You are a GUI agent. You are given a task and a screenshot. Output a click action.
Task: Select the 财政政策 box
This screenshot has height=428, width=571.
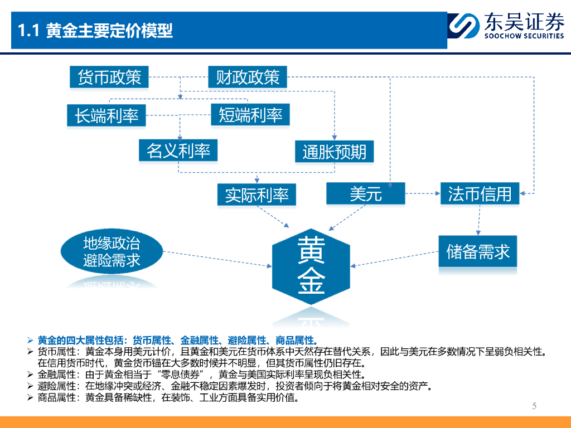coord(248,77)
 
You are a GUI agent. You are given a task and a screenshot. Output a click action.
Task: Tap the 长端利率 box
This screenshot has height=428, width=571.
coord(106,115)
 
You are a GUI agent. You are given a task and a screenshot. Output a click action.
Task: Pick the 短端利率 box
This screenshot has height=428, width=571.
coord(250,115)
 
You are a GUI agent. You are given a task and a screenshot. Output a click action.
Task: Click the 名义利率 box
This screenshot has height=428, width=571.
coord(178,150)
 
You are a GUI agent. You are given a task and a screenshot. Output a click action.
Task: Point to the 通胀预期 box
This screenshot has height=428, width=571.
coord(334,152)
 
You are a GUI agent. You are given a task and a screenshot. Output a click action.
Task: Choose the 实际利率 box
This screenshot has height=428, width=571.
coord(257,194)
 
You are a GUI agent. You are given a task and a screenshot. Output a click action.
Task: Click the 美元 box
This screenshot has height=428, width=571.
coord(365,193)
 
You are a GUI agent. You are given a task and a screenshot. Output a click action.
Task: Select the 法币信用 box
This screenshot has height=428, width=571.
coord(480,193)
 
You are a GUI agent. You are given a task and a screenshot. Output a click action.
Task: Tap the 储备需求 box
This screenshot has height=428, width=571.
coord(478,251)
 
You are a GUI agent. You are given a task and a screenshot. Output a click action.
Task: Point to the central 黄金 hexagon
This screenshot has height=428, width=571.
coord(311,266)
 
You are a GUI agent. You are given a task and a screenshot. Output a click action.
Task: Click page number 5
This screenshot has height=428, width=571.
coord(534,406)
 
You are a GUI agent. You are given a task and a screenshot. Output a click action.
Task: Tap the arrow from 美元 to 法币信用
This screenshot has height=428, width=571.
coord(422,193)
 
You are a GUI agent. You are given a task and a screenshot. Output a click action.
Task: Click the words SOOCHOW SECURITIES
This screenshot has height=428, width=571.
coord(524,36)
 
